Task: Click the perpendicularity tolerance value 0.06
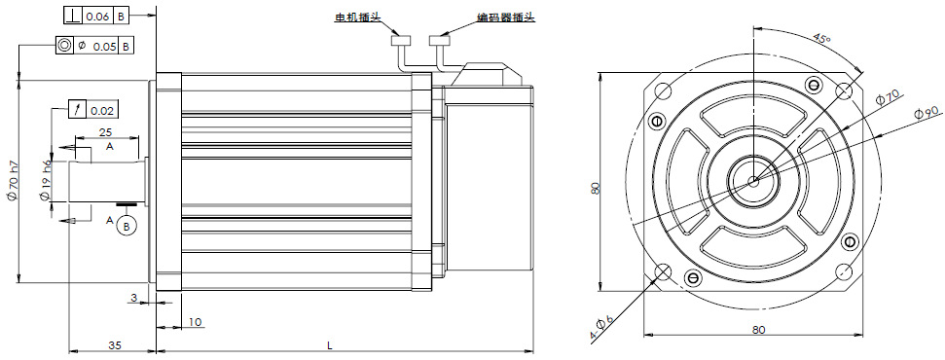pos(96,17)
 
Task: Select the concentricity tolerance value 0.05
pos(104,46)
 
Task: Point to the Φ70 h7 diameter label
pos(12,180)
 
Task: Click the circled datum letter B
pos(126,226)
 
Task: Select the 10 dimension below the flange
pos(195,323)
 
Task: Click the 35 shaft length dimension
pos(115,345)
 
